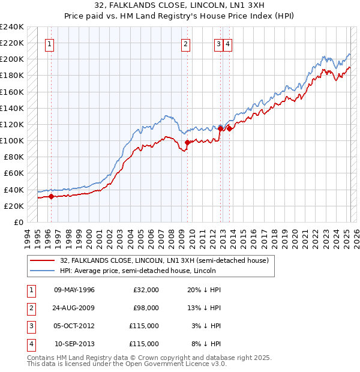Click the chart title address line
point(180,5)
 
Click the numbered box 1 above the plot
point(48,43)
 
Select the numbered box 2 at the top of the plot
point(186,43)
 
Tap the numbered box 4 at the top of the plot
point(229,43)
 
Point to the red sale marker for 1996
point(51,196)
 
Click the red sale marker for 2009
point(187,142)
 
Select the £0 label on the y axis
point(19,222)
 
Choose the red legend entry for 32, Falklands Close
point(167,260)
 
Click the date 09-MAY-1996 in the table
point(74,290)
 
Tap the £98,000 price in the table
point(146,308)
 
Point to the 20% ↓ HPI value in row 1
point(204,290)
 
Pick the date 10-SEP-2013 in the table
point(74,344)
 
